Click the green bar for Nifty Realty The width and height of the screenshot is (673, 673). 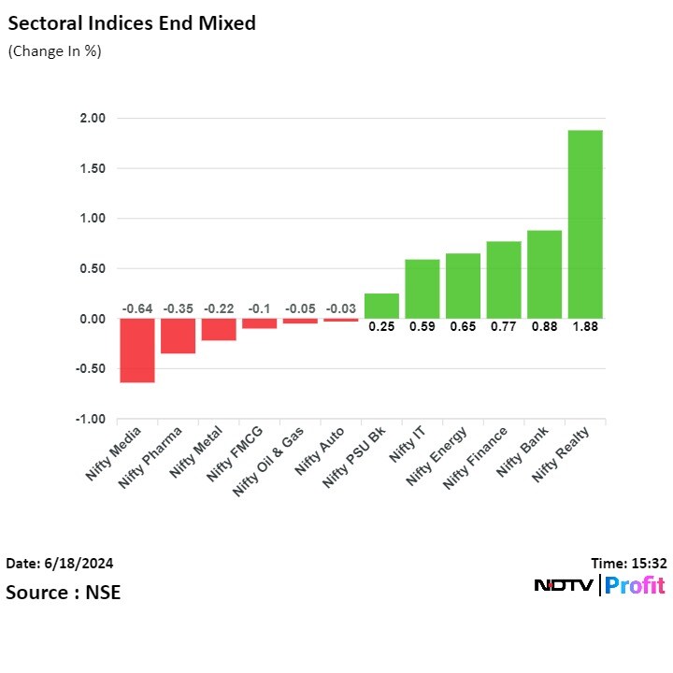pyautogui.click(x=585, y=224)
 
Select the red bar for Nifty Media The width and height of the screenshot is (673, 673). pyautogui.click(x=137, y=351)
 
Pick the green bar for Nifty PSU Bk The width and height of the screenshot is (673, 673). pyautogui.click(x=381, y=306)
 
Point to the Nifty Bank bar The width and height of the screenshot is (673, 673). pyautogui.click(x=544, y=274)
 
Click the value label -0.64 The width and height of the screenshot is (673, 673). pyautogui.click(x=137, y=308)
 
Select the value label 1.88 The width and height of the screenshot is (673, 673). pyautogui.click(x=585, y=327)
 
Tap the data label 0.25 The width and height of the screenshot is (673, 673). pyautogui.click(x=381, y=327)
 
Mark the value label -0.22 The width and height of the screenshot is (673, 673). pyautogui.click(x=219, y=308)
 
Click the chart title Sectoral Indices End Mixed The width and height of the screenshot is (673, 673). pyautogui.click(x=132, y=23)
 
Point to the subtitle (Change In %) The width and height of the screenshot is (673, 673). pyautogui.click(x=54, y=51)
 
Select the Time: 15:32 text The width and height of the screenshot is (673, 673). pyautogui.click(x=629, y=564)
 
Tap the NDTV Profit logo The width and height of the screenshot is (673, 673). pyautogui.click(x=599, y=586)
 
